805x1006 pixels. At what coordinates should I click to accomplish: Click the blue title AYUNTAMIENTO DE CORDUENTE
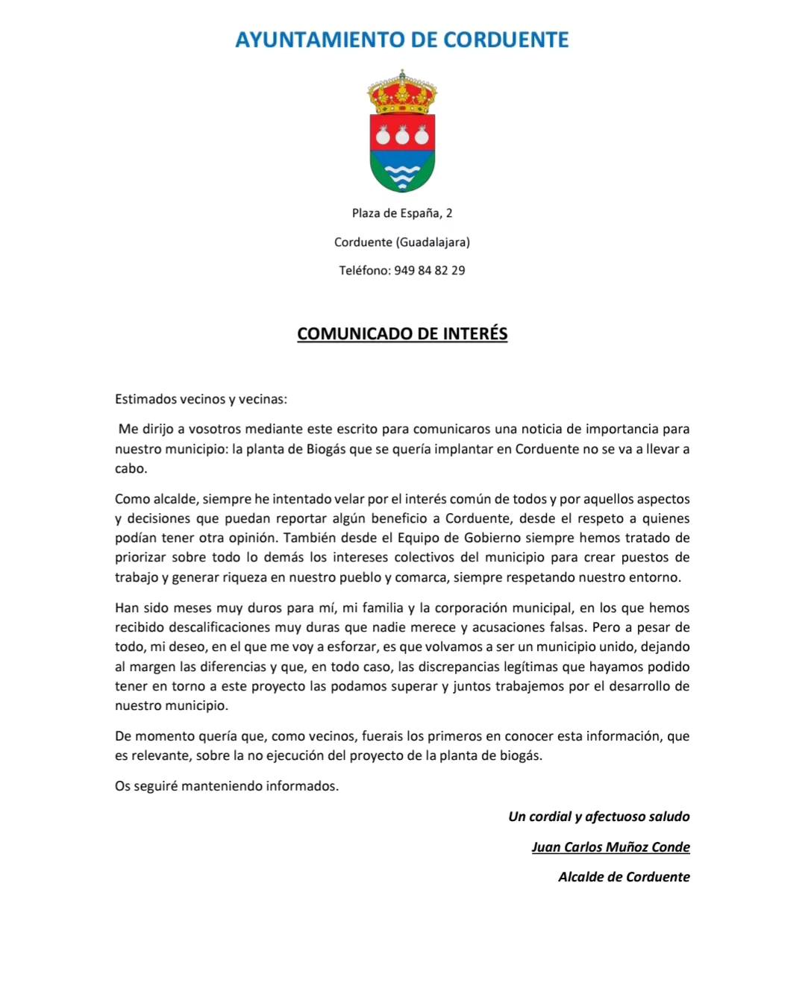[402, 40]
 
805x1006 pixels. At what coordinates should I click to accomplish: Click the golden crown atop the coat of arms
[402, 94]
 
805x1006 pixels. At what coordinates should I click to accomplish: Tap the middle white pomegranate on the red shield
[402, 136]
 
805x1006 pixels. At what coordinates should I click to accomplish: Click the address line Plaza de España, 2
[402, 213]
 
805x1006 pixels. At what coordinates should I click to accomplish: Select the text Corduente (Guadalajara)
[402, 242]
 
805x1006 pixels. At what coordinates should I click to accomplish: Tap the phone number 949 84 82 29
[429, 271]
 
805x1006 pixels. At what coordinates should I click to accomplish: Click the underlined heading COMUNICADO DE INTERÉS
[402, 333]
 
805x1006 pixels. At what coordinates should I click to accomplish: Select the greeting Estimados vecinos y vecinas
[201, 399]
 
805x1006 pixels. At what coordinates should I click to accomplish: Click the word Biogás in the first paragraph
[326, 449]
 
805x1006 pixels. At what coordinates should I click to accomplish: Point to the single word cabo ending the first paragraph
[131, 469]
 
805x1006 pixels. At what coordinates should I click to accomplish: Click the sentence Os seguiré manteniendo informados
[227, 786]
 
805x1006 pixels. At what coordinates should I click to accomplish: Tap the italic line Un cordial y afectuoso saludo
[599, 817]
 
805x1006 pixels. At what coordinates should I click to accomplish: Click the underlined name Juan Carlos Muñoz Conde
[610, 847]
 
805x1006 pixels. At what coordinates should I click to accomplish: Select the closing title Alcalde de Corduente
[624, 877]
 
